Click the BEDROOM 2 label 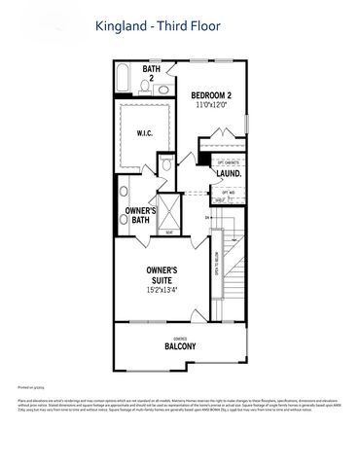pyautogui.click(x=211, y=93)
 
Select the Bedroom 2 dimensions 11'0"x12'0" pyautogui.click(x=211, y=104)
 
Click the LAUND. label pyautogui.click(x=229, y=173)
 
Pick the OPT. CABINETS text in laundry pyautogui.click(x=229, y=160)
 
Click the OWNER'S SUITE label pyautogui.click(x=161, y=274)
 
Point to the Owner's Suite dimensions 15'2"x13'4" pyautogui.click(x=161, y=290)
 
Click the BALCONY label pyautogui.click(x=180, y=346)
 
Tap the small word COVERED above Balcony pyautogui.click(x=179, y=337)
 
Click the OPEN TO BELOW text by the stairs pyautogui.click(x=215, y=263)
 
